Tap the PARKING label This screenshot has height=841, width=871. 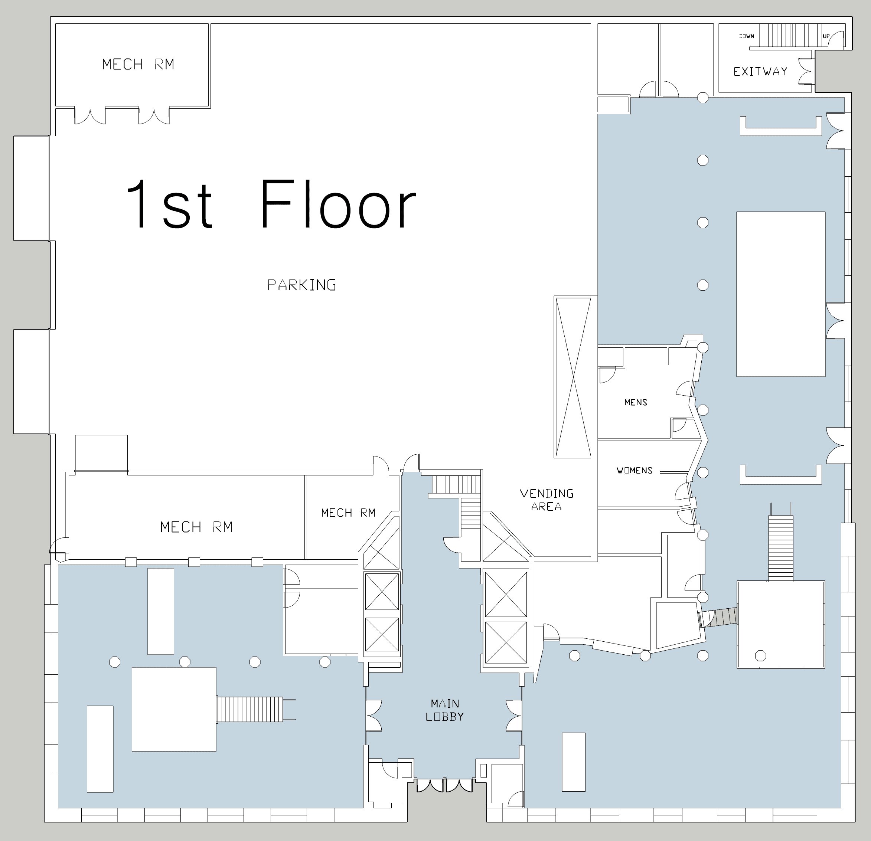(x=302, y=285)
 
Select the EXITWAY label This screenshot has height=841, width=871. (x=760, y=72)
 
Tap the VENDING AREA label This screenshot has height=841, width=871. (x=547, y=500)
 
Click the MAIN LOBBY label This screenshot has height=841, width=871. (x=445, y=710)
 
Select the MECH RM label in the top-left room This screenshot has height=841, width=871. (x=138, y=65)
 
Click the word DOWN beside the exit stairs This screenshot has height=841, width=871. (x=747, y=36)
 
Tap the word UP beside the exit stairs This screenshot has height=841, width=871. (x=826, y=36)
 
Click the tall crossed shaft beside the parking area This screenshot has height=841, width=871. (x=573, y=377)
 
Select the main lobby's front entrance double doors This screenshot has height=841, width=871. (x=444, y=785)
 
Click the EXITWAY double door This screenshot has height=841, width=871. (x=805, y=71)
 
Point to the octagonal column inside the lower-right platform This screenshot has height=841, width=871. (x=760, y=655)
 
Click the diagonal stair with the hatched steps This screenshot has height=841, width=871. (x=717, y=617)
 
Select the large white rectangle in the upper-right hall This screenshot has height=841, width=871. (x=781, y=294)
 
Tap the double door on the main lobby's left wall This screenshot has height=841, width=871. (x=373, y=716)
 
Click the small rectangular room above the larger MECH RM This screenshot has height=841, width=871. (x=101, y=453)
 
